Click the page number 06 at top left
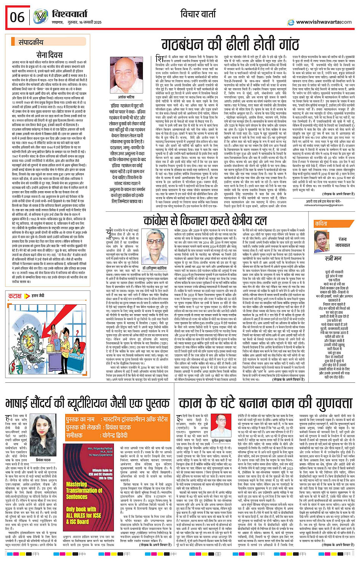(17, 17)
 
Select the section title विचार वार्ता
(198, 14)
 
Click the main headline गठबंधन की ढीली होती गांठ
(230, 45)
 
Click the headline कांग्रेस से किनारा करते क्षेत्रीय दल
(205, 221)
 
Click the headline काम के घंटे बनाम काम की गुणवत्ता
(266, 403)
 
